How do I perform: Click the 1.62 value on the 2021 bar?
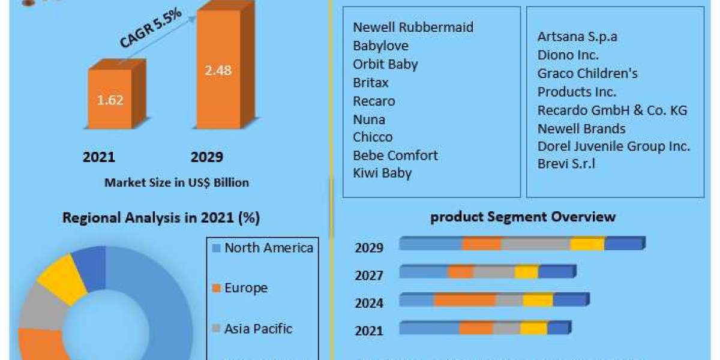[x=110, y=100]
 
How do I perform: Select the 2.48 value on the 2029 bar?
[x=218, y=70]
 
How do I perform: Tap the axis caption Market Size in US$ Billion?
[x=176, y=182]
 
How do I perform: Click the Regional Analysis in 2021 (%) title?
[x=161, y=218]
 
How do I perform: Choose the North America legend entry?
[x=268, y=248]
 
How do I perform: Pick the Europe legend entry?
[x=245, y=288]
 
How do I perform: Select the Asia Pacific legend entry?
[x=258, y=329]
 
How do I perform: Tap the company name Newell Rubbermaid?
[x=413, y=27]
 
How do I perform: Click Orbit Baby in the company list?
[x=385, y=64]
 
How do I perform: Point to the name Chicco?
[x=373, y=137]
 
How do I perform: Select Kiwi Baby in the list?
[x=383, y=173]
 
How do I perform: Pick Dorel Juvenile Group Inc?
[x=614, y=146]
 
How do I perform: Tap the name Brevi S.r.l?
[x=566, y=163]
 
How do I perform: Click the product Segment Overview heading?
[x=523, y=217]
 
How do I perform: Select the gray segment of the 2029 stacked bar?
[x=535, y=244]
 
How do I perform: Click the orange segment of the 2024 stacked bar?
[x=464, y=300]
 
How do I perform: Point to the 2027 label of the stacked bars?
[x=369, y=275]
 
